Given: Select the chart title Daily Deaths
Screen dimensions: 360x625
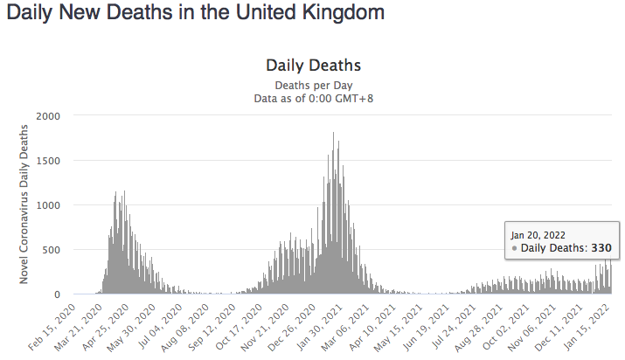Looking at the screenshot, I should pos(313,66).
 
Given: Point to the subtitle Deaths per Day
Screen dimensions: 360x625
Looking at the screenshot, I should pos(313,85).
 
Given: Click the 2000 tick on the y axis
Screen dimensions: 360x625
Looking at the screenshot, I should pos(47,116).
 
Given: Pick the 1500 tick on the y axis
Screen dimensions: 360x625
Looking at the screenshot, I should pos(47,161).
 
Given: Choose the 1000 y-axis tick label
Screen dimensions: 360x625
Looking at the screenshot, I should pos(47,205).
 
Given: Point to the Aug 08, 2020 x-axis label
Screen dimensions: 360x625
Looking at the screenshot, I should pos(197,324).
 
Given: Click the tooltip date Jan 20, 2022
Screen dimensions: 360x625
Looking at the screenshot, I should pos(534,234).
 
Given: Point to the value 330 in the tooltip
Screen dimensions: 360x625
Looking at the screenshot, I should pos(601,249).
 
